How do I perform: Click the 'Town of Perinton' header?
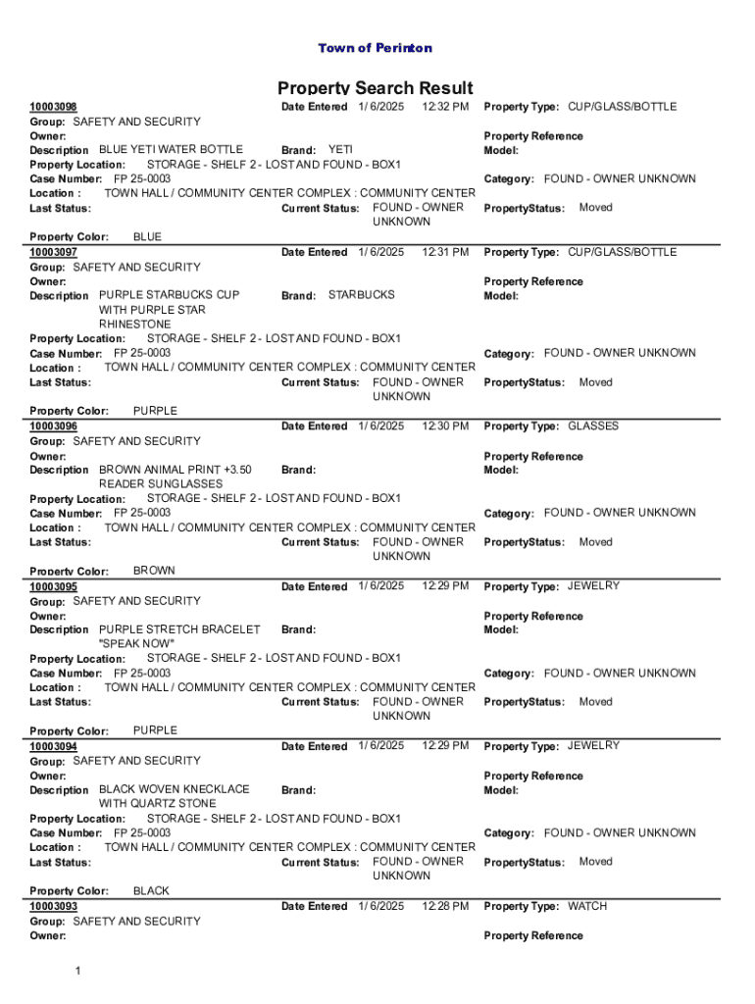(375, 48)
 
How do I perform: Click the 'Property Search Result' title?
(375, 88)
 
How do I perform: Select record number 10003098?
(54, 107)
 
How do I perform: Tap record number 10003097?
(54, 253)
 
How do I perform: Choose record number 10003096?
(54, 427)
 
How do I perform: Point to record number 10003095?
(54, 586)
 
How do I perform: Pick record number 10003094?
(54, 746)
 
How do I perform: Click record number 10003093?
(54, 907)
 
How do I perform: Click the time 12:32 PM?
(445, 106)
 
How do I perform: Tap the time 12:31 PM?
(445, 252)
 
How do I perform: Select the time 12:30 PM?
(445, 426)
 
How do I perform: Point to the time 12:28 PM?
(445, 906)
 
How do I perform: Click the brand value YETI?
(340, 149)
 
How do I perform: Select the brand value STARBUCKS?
(362, 294)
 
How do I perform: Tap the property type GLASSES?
(593, 426)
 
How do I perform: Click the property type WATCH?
(587, 906)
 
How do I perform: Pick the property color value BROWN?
(154, 570)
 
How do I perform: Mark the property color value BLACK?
(151, 890)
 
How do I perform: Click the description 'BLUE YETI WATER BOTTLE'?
(172, 149)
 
